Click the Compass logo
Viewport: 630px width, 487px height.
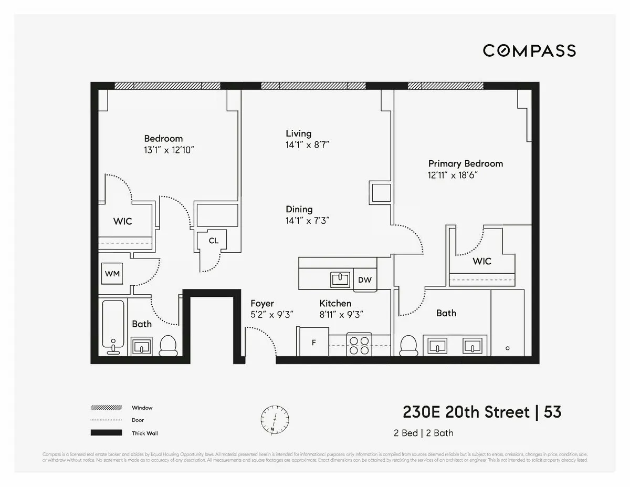[529, 50]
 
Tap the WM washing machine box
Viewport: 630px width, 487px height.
[112, 274]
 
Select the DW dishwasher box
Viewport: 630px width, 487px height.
[365, 279]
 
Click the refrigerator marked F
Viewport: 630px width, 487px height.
[313, 343]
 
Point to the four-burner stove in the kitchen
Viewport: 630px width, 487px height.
[359, 345]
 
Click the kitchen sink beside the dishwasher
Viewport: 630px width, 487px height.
[340, 279]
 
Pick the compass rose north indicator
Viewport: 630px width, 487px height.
[275, 419]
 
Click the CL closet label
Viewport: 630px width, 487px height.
[213, 241]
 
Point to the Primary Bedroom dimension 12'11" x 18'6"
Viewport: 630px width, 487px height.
[452, 175]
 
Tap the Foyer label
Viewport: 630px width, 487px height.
[262, 304]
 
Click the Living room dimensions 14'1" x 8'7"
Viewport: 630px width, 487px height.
[307, 145]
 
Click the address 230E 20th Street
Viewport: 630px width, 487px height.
[466, 412]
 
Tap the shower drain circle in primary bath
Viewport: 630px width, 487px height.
[507, 348]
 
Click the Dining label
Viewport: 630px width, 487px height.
[299, 209]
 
